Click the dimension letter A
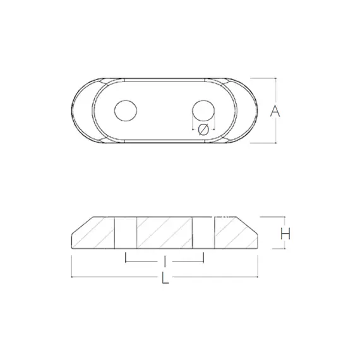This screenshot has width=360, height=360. pos(275,111)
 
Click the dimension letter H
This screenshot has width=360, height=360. pos(285,234)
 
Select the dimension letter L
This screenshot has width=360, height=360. pos(165,277)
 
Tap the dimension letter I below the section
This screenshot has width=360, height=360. pos(165,261)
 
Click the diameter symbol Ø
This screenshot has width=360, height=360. pos(203,129)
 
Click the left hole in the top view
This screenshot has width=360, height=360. pos(126,111)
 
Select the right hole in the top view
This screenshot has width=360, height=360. pos(203,111)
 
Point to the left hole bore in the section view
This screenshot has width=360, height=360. pos(126,232)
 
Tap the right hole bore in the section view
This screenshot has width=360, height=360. pos(203,232)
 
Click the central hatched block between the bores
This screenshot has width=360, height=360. pos(164,232)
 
